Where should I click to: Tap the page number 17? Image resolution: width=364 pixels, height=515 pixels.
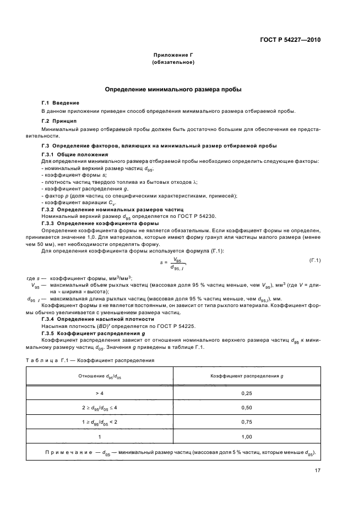click(x=318, y=470)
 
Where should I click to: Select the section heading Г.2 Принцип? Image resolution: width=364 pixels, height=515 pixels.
click(x=59, y=120)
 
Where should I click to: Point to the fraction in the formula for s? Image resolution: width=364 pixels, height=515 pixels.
click(x=177, y=264)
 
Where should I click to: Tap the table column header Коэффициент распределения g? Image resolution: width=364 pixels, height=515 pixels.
click(x=247, y=375)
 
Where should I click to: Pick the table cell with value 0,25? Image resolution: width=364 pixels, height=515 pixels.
click(x=247, y=394)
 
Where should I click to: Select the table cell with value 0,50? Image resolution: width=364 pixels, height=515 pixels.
click(x=247, y=408)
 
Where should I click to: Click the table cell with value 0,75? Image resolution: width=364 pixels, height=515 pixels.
click(x=247, y=422)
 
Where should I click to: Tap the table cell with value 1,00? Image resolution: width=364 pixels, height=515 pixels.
click(x=247, y=436)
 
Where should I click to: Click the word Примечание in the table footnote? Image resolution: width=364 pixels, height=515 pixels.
click(x=69, y=452)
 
